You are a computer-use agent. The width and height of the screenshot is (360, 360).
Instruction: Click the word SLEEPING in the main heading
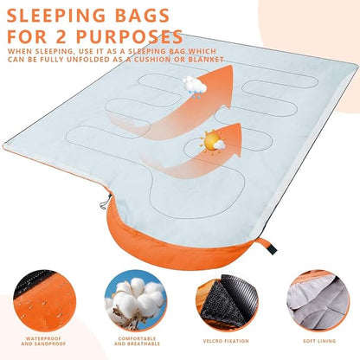[x=55, y=16]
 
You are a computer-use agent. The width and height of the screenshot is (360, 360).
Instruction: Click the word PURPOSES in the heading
[x=129, y=36]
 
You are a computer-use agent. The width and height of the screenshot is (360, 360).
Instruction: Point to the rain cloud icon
[x=195, y=87]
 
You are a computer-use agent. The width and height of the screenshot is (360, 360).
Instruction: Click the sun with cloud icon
[x=214, y=143]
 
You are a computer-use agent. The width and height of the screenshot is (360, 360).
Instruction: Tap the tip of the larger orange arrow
[x=231, y=66]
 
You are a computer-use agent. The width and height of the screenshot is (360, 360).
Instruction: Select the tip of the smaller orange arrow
[x=239, y=124]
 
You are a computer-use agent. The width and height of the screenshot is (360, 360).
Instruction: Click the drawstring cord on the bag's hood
[x=106, y=202]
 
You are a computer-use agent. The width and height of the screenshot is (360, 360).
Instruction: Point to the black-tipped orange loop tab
[x=266, y=246]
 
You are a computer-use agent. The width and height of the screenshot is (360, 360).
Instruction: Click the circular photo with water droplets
[x=44, y=300]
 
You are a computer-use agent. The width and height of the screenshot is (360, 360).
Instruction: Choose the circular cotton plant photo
[x=136, y=300]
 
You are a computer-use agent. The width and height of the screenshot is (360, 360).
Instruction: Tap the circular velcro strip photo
[x=227, y=300]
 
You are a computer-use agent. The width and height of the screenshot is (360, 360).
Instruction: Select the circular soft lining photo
[x=318, y=300]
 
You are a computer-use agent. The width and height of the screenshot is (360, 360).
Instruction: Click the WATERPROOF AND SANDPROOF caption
[x=43, y=341]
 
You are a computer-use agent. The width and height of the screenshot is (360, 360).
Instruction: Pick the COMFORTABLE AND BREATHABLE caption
[x=137, y=341]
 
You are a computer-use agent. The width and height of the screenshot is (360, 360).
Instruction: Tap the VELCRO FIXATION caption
[x=226, y=341]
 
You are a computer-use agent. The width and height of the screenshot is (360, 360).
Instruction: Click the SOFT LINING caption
[x=319, y=341]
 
